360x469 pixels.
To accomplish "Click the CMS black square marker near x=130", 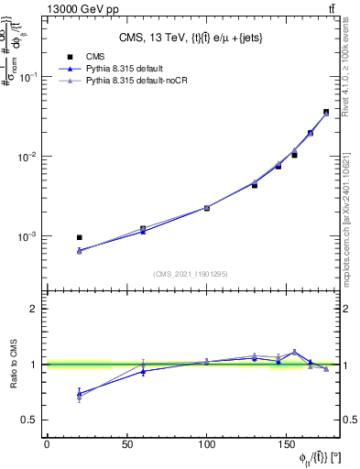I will pyautogui.click(x=255, y=185).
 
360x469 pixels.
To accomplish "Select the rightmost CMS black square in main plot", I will pyautogui.click(x=326, y=112).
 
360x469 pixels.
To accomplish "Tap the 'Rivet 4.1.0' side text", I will pyautogui.click(x=351, y=78).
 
